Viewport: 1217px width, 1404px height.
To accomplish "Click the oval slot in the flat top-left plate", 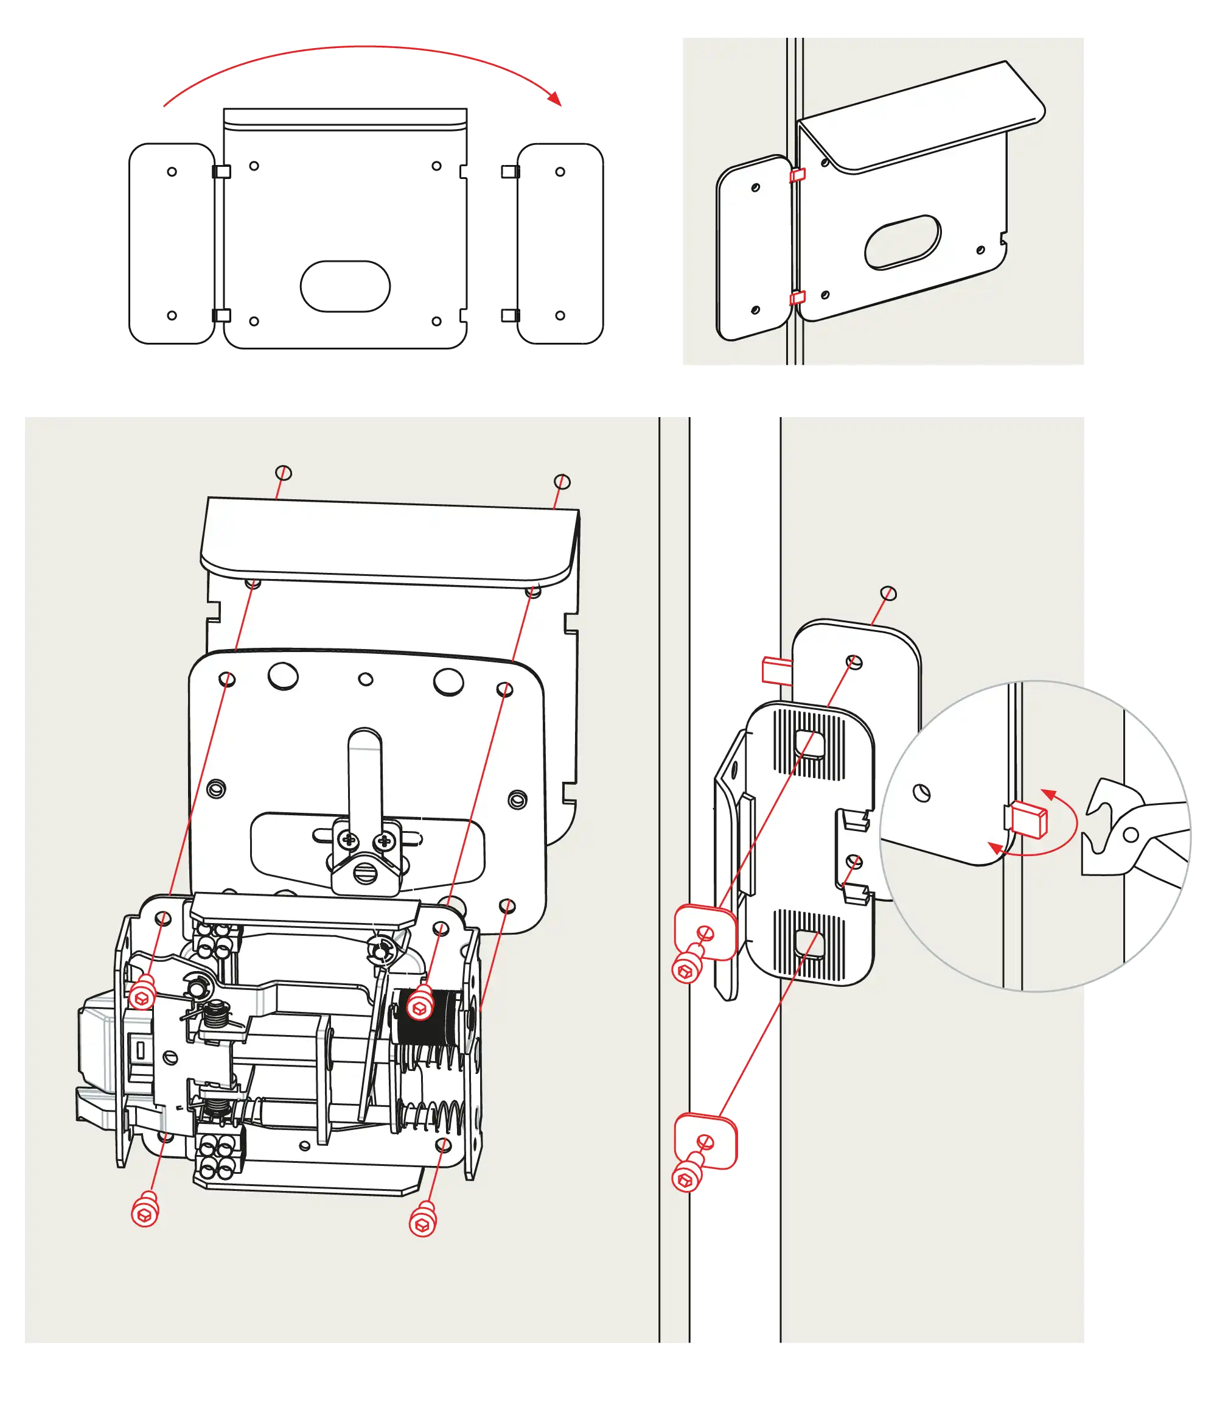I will [346, 286].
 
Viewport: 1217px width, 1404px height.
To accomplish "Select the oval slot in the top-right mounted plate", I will [902, 242].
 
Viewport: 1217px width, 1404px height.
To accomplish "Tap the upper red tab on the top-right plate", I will [797, 175].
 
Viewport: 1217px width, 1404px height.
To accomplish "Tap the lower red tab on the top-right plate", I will [797, 298].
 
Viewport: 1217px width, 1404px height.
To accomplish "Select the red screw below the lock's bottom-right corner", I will [423, 1218].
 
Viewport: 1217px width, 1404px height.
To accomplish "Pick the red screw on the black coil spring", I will [420, 1003].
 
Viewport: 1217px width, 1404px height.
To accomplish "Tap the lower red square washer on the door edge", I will [706, 1140].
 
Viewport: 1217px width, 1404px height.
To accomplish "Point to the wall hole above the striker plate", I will [888, 593].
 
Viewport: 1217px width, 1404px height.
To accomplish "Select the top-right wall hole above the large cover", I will [562, 482].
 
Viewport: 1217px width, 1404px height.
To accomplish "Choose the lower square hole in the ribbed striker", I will [808, 944].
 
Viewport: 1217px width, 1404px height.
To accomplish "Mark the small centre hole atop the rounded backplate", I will [365, 679].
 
